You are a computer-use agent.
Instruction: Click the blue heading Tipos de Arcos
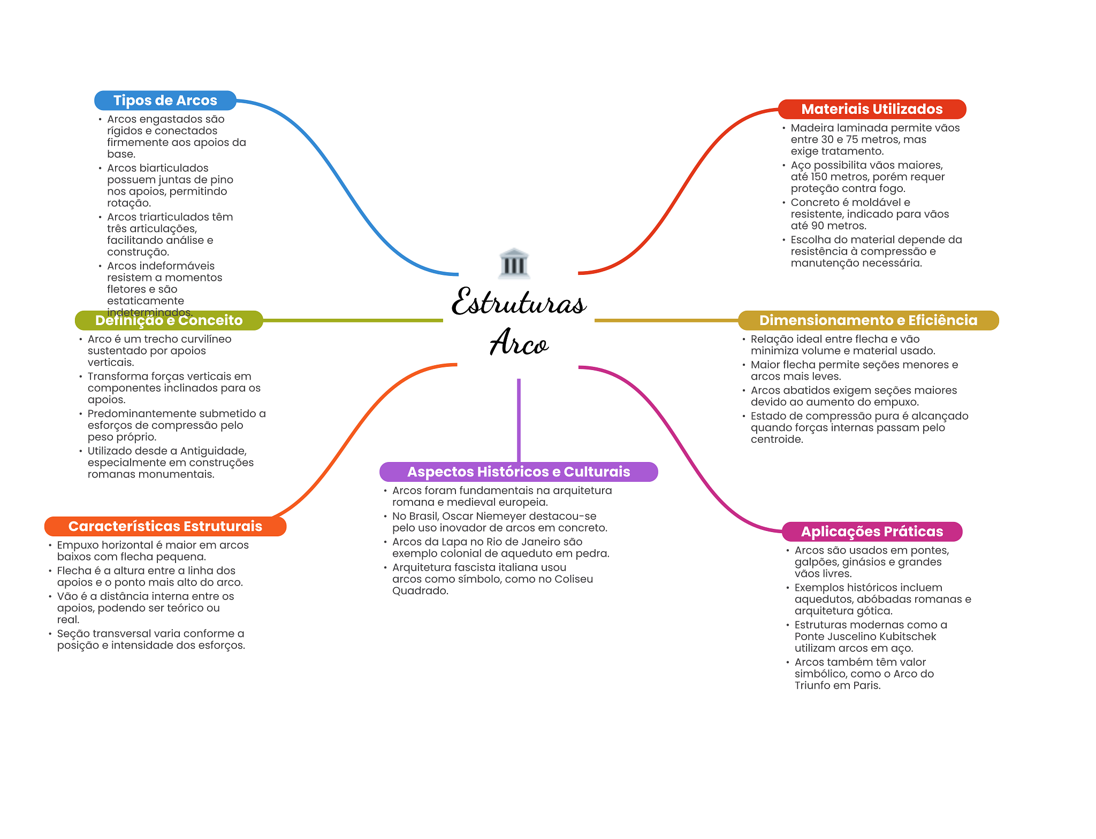[x=165, y=101]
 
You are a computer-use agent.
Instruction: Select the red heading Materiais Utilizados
[x=872, y=109]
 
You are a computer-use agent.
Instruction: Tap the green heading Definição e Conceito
[x=169, y=320]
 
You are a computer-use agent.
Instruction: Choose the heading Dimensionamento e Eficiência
[x=868, y=320]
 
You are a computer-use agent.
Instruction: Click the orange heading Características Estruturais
[x=165, y=526]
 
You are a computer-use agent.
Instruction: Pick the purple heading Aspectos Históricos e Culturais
[x=519, y=472]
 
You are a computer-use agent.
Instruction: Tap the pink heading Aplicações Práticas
[x=872, y=532]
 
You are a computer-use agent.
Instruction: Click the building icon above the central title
[x=514, y=263]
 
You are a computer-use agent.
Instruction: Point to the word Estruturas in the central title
[x=519, y=303]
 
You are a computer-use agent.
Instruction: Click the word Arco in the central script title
[x=519, y=343]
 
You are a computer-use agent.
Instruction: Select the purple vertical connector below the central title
[x=519, y=420]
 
